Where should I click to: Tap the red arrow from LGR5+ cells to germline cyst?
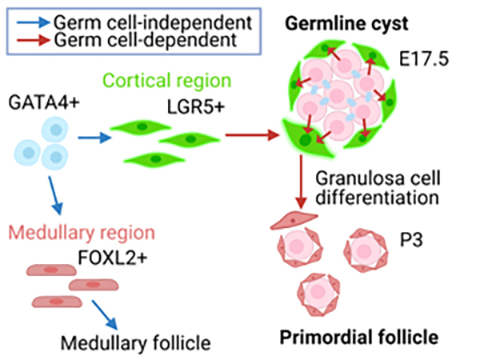tap(248, 134)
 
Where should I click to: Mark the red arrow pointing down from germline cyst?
tap(301, 181)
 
